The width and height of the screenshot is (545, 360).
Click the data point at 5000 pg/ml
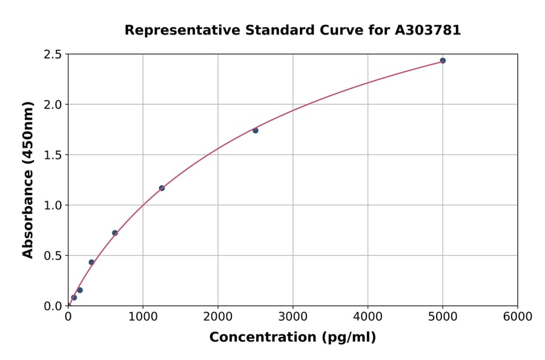click(x=443, y=61)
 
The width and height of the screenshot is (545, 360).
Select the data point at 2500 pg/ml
click(x=256, y=130)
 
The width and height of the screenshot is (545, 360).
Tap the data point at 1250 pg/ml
click(x=162, y=188)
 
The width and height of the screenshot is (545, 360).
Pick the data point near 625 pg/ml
click(x=115, y=233)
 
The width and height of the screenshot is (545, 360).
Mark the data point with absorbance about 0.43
click(x=91, y=262)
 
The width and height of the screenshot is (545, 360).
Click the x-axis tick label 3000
click(x=292, y=317)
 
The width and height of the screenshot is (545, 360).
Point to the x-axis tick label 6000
click(x=517, y=317)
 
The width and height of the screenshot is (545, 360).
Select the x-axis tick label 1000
click(x=143, y=317)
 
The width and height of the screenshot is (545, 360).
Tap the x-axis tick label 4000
click(x=368, y=317)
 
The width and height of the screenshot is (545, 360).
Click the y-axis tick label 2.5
click(x=53, y=55)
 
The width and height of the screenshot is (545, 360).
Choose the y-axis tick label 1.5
click(x=53, y=155)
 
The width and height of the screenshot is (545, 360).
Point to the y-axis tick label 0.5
click(x=53, y=256)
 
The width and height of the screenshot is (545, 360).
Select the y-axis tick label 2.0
click(x=53, y=105)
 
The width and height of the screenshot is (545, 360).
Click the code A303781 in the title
click(x=428, y=30)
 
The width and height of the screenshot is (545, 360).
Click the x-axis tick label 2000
click(x=218, y=317)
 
